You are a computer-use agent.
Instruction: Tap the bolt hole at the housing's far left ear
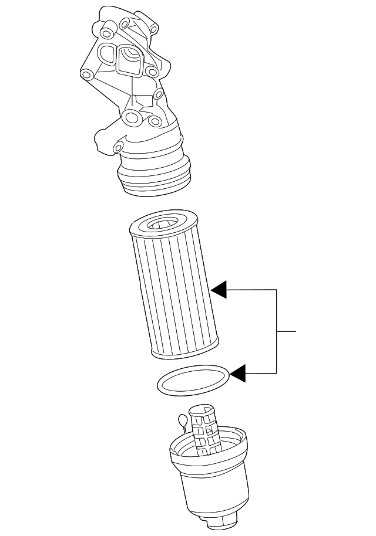(86, 74)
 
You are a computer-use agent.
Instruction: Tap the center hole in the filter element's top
(160, 222)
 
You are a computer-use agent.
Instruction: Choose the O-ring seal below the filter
(193, 380)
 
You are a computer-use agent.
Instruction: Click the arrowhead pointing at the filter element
(220, 290)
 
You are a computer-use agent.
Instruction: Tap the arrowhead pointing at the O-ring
(238, 373)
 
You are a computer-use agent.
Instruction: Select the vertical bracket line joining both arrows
(277, 331)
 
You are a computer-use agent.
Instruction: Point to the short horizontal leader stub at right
(287, 331)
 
